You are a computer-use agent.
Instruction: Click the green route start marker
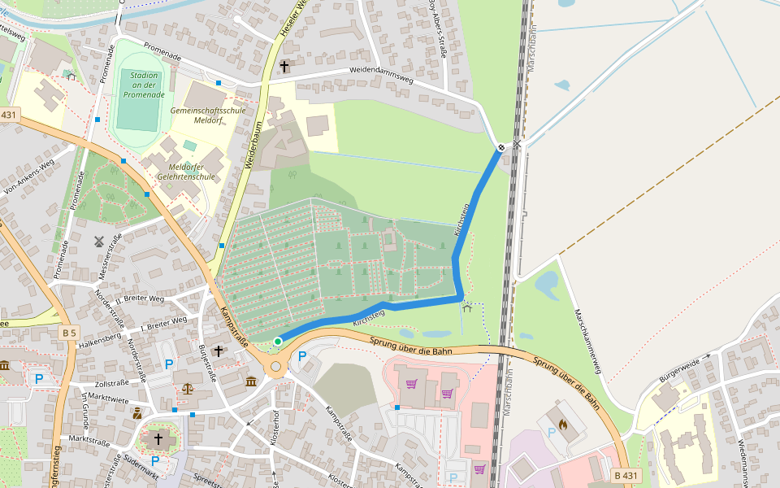coord(278,342)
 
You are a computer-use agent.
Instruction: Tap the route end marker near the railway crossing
coord(501,147)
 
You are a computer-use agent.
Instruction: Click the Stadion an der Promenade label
coord(144,85)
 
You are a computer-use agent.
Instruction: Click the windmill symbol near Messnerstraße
coord(100,242)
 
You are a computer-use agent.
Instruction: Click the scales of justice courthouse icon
coord(189,388)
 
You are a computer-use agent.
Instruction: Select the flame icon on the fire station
coord(562,424)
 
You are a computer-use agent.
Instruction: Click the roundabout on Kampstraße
coord(276,367)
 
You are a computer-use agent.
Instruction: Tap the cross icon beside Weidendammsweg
coord(284,65)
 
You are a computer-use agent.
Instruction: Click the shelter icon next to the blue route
coord(467,307)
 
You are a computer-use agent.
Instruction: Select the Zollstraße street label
coord(113,381)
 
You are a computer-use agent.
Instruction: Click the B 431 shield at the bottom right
coord(627,475)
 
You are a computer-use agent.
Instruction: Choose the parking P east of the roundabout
coord(302,356)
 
